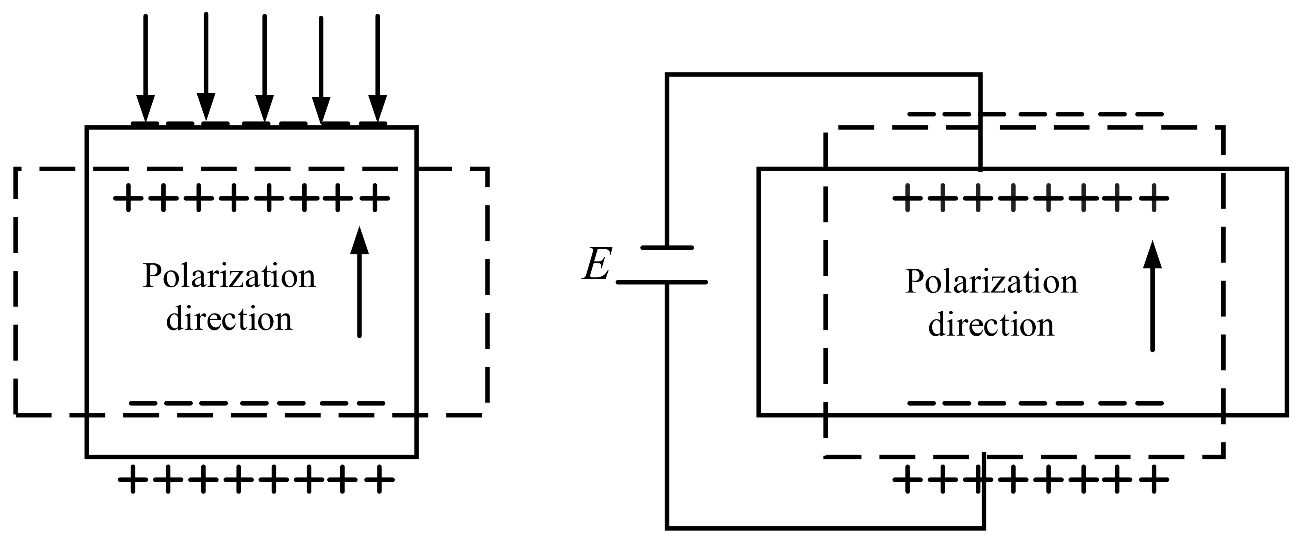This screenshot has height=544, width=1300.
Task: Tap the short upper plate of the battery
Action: tap(667, 247)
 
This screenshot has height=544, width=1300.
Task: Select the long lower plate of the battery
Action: tap(662, 282)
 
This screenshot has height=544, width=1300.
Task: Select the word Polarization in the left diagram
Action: tap(229, 276)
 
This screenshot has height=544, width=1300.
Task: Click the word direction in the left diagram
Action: tap(229, 319)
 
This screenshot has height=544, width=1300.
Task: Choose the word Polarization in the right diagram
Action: tap(991, 281)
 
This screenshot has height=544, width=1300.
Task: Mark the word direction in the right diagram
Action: tap(991, 325)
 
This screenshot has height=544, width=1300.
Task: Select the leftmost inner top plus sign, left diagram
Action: tap(128, 198)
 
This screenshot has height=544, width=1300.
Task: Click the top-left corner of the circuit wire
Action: tap(667, 75)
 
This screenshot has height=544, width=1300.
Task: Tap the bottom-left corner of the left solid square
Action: tap(87, 457)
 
